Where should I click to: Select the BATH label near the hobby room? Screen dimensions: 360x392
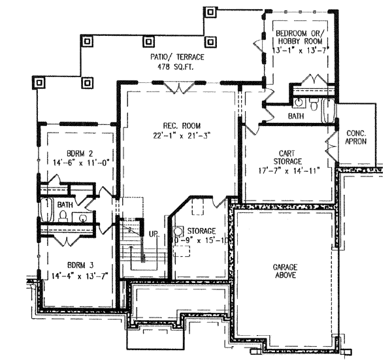click(x=296, y=116)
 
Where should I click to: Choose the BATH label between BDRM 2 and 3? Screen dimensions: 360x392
click(x=65, y=205)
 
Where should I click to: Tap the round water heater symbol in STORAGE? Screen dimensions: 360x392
click(x=178, y=232)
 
